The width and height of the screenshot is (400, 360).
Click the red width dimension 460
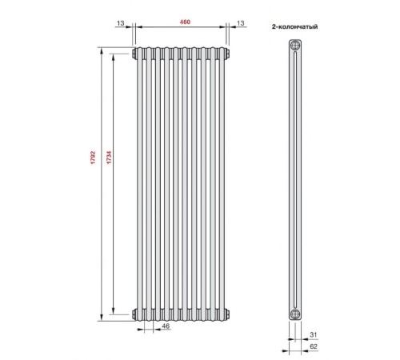[185, 22]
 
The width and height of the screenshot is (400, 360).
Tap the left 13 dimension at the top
[121, 23]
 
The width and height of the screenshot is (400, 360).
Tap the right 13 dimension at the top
[241, 23]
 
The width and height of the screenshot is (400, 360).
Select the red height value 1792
[93, 158]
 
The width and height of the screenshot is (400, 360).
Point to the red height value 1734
[109, 158]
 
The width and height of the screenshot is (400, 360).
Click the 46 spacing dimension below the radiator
[166, 326]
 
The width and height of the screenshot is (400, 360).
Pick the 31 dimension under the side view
[314, 334]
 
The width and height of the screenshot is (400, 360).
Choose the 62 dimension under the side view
[314, 346]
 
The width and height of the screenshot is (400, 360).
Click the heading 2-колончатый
[294, 26]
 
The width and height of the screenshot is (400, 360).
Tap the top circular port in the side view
[295, 46]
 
